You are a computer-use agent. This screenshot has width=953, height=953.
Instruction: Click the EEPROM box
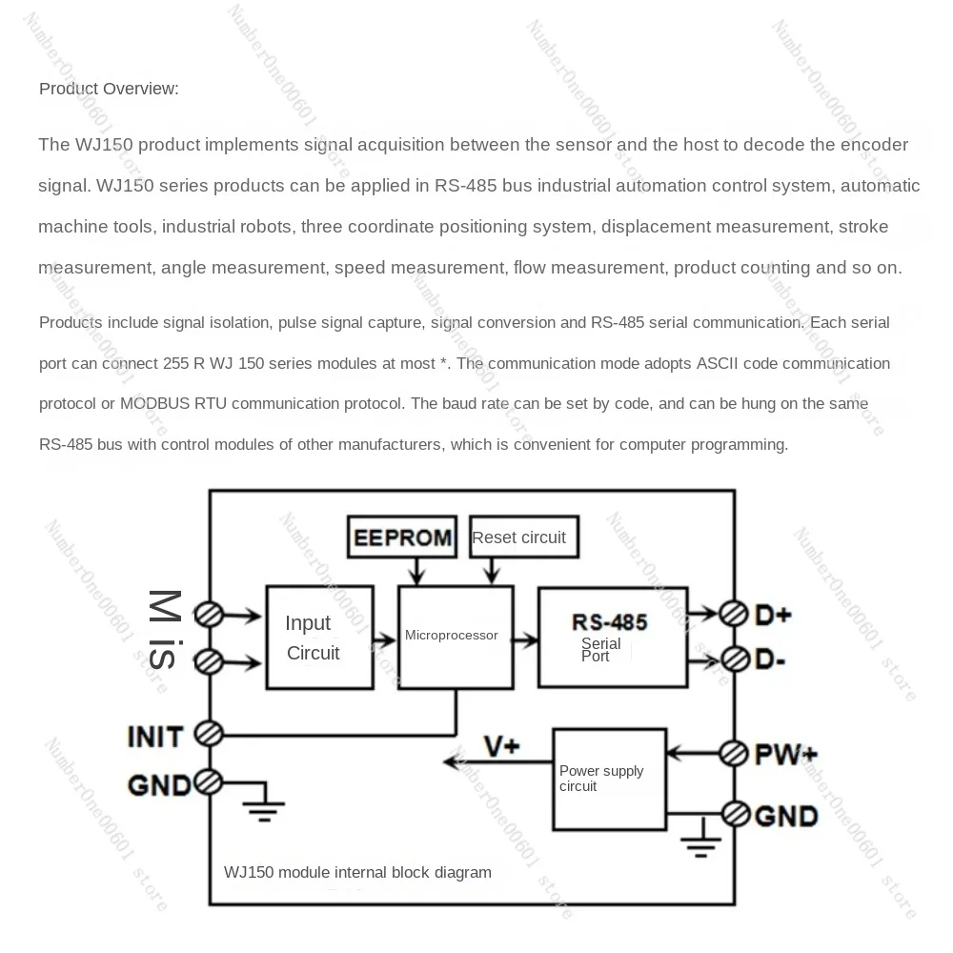(x=401, y=537)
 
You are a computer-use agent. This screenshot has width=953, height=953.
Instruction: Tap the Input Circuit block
(x=318, y=637)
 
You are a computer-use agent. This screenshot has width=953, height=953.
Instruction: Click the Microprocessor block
(x=455, y=637)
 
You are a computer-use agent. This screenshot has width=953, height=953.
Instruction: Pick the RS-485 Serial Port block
(x=612, y=637)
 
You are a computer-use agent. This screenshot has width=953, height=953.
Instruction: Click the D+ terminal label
(x=773, y=615)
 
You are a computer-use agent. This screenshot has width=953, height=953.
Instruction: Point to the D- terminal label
(x=770, y=659)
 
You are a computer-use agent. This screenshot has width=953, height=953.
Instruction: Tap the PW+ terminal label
(x=785, y=755)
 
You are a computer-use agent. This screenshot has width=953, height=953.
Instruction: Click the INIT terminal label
(x=155, y=736)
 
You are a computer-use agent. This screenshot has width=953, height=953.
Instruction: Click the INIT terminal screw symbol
(x=209, y=734)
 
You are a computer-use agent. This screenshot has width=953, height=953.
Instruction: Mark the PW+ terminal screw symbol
(x=734, y=753)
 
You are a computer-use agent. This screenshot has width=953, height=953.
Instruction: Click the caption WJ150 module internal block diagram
(x=357, y=872)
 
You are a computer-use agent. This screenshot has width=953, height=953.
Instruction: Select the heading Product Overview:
(x=109, y=89)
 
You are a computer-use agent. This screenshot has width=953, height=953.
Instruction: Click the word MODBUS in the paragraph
(x=155, y=403)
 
